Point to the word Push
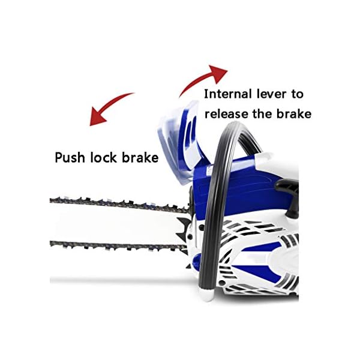70,158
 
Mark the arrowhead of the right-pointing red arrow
220,74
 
